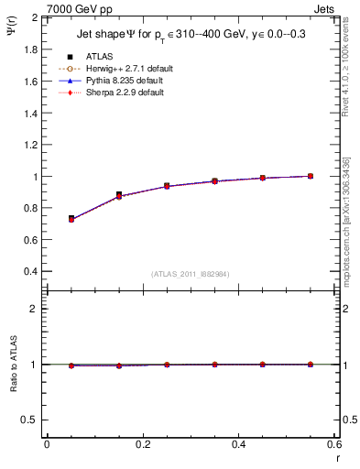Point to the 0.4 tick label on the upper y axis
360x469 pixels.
(x=30, y=272)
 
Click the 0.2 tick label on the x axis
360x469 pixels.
(x=142, y=444)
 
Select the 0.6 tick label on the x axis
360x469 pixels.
(x=334, y=444)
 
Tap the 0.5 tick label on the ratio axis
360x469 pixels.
(x=30, y=420)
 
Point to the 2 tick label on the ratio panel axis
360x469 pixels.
(x=34, y=309)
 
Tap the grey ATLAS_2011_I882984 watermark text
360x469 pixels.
(x=190, y=274)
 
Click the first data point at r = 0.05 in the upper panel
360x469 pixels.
(x=71, y=219)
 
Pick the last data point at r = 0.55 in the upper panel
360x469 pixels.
(x=311, y=176)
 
